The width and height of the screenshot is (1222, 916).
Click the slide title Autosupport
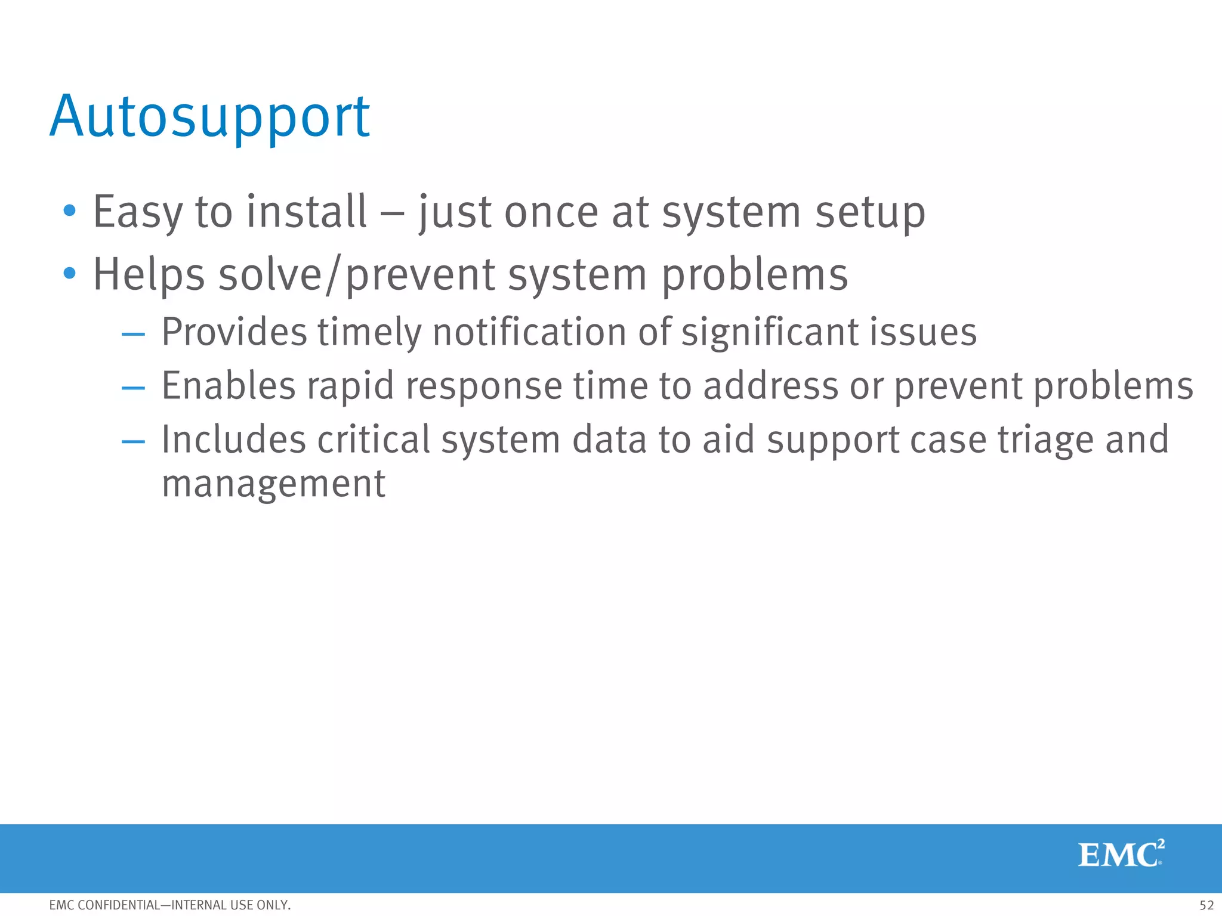tap(209, 117)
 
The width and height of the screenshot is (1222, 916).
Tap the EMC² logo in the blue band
tap(1121, 854)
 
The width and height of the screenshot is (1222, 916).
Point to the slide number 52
tap(1206, 905)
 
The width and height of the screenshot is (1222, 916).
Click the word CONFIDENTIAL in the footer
tap(119, 905)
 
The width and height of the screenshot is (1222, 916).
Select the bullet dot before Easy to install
tap(70, 211)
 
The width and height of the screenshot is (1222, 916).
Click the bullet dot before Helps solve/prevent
tap(70, 274)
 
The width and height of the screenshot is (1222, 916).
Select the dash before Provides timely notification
tap(133, 335)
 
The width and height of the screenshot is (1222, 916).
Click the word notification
tap(529, 332)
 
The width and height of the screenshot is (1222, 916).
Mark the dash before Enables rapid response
tap(133, 388)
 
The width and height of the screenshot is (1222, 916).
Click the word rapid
tap(350, 387)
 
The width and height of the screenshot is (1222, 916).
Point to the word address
tap(770, 386)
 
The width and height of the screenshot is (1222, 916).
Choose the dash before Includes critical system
tap(133, 442)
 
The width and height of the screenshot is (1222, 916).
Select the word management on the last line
tap(273, 484)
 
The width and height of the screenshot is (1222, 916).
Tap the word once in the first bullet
tap(550, 213)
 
